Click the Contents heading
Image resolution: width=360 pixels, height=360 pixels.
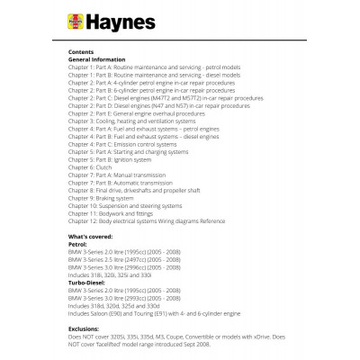click(82, 53)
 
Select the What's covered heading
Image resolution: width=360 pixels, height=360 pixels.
click(93, 236)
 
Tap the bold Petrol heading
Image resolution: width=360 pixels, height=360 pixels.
click(78, 243)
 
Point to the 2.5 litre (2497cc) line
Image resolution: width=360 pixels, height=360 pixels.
click(125, 258)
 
